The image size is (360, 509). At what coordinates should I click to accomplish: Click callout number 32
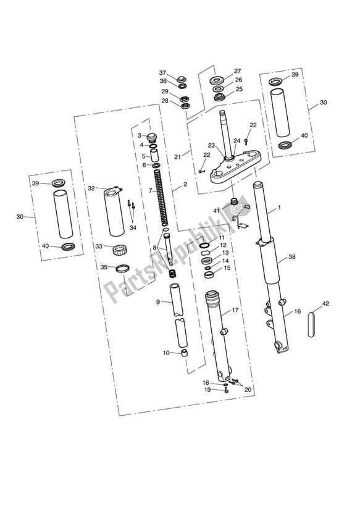91,188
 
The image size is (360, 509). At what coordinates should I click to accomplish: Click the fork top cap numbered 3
154,136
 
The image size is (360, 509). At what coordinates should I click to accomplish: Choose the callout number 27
237,70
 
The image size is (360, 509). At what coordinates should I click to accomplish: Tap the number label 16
297,312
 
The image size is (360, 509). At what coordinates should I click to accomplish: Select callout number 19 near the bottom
207,390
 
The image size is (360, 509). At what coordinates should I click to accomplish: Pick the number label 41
217,211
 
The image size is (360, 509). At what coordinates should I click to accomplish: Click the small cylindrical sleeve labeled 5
155,155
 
